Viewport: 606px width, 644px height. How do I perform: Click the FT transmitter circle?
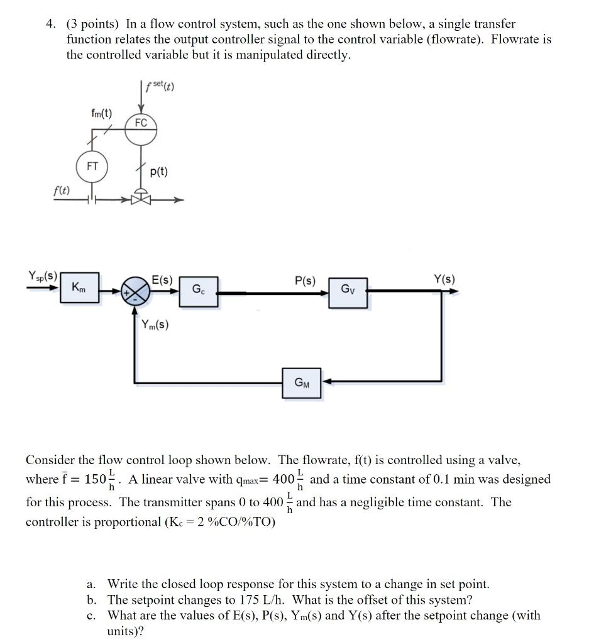click(92, 167)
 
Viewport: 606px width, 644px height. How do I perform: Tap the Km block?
click(80, 289)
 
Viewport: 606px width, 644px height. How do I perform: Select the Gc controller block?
click(199, 291)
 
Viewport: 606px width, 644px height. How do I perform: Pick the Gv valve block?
click(348, 291)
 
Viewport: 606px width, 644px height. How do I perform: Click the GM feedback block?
click(301, 382)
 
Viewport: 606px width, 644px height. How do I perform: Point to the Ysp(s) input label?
click(43, 276)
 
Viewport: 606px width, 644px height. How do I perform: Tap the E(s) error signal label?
click(162, 280)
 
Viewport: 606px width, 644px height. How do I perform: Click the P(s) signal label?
click(305, 280)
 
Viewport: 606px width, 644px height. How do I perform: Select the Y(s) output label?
click(444, 279)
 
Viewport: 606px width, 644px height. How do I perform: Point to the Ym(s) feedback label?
click(155, 325)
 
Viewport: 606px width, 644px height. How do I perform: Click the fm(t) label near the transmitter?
click(101, 113)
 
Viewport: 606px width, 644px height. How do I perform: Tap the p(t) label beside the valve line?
click(160, 171)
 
